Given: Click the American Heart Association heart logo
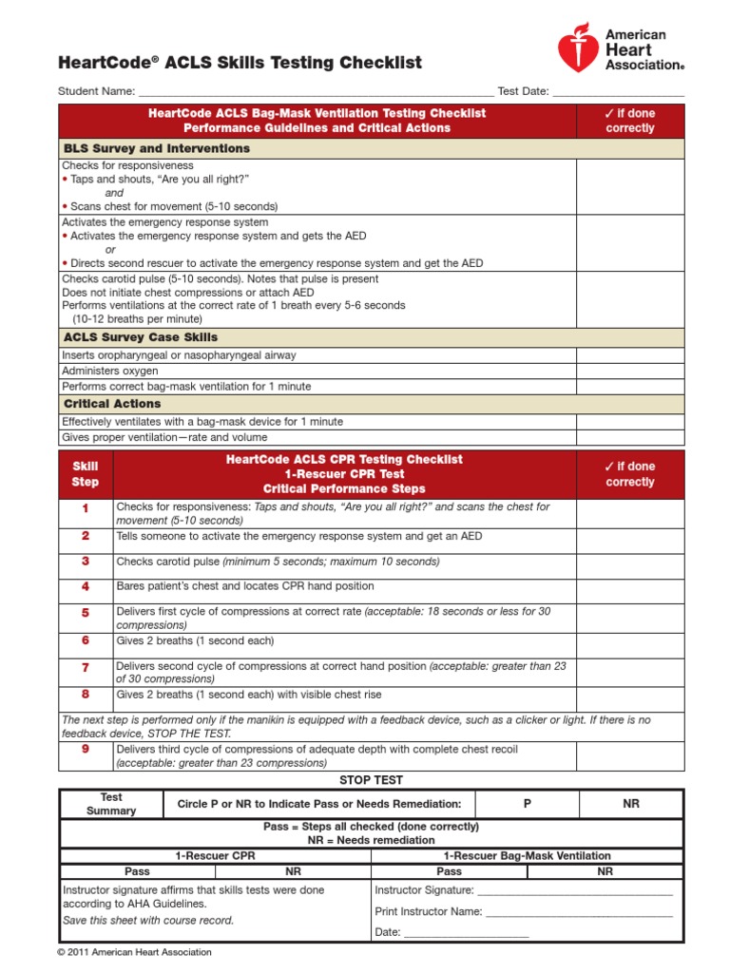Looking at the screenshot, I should [577, 48].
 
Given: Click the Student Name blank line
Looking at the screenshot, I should [315, 93].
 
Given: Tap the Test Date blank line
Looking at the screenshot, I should [618, 93].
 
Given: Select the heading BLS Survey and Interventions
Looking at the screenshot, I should [157, 149].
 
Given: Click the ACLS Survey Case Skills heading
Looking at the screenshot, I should [141, 337].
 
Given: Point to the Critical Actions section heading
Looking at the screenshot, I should [112, 404].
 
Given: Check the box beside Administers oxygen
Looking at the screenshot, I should [629, 371].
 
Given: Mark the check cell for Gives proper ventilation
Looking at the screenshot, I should [629, 437].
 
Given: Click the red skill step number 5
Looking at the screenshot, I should [86, 613].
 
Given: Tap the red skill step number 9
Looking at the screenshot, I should [86, 750].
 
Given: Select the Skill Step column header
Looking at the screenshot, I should [86, 474].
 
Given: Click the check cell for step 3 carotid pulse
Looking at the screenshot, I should [629, 562].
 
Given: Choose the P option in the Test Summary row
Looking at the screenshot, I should [528, 804].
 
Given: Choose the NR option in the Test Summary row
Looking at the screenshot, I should [631, 804].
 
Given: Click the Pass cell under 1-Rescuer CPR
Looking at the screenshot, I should [138, 871].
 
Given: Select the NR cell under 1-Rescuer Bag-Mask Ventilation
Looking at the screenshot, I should [605, 871].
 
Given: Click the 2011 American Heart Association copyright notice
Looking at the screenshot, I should [135, 952].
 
